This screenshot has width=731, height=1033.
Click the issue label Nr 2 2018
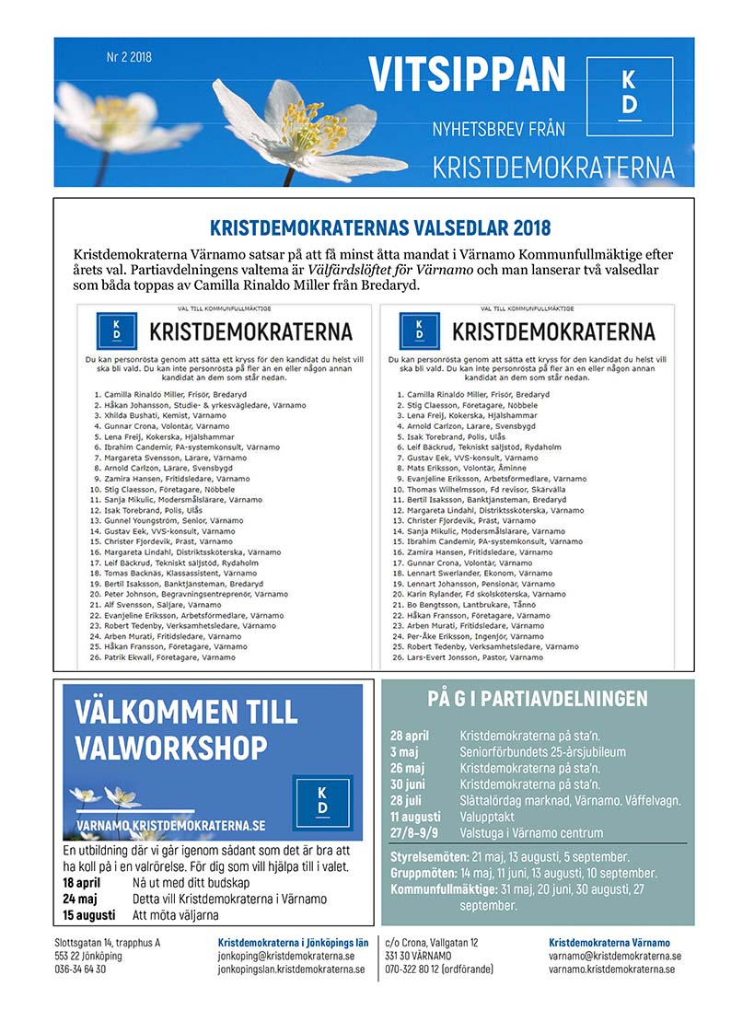(129, 57)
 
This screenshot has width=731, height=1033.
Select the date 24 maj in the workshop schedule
(81, 899)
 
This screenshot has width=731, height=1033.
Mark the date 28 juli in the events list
(406, 801)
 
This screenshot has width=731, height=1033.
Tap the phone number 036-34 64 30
(80, 969)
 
